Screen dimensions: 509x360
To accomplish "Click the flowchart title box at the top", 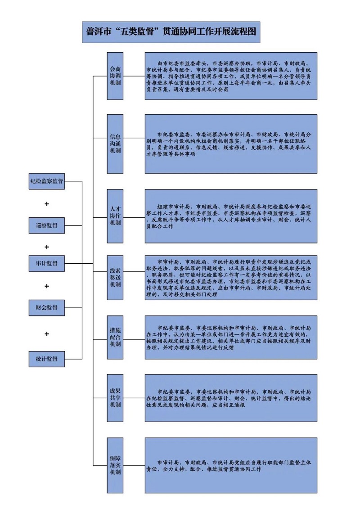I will [171, 32].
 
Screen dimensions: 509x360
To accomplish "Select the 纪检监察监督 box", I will [46, 181].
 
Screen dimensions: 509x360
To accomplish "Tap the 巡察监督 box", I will [46, 225].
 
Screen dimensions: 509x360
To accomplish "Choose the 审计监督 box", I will [46, 263].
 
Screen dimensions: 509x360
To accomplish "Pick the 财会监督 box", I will [46, 308].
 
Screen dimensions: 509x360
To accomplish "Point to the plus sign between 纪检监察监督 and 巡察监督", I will [46, 204].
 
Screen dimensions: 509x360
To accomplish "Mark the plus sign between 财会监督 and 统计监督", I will [46, 333].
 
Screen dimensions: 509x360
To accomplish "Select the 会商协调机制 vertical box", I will [115, 76].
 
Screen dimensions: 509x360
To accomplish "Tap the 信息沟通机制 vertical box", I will [115, 144].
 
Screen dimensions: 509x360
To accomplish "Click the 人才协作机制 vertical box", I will [115, 216].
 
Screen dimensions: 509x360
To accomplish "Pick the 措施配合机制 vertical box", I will [115, 337].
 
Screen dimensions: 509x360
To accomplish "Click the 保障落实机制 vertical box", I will [115, 465].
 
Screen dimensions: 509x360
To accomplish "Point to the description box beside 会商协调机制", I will [231, 76].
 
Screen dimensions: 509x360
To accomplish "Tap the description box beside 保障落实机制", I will [231, 465].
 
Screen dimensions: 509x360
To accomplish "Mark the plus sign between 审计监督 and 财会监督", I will [46, 286].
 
